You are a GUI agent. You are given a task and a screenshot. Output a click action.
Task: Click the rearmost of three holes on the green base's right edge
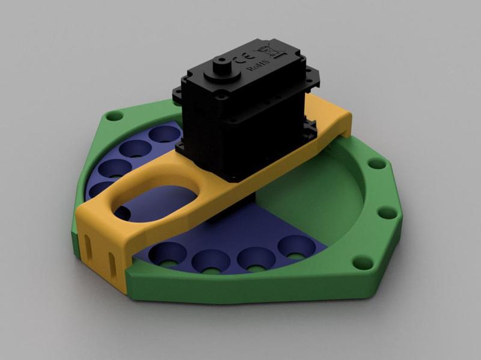(x=376, y=163)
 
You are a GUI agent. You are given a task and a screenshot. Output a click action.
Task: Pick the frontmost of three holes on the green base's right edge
(x=362, y=262)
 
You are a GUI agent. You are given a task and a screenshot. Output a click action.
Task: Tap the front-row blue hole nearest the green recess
(x=295, y=246)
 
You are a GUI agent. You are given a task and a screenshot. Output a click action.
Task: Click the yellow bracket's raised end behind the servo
(x=334, y=120)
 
